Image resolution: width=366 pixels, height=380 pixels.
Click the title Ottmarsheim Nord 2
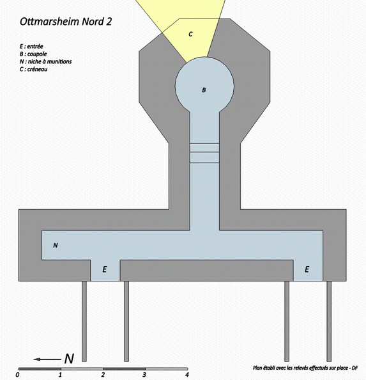tap(66, 22)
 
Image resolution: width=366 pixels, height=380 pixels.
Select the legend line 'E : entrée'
tap(31, 46)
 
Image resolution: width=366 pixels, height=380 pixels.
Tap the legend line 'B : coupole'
tap(33, 54)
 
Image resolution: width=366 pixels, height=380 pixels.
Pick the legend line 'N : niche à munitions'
tap(45, 61)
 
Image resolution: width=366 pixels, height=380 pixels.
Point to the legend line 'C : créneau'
tap(33, 69)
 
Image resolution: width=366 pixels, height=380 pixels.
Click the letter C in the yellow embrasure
tap(190, 34)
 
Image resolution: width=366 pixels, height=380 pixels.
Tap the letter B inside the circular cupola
tap(204, 90)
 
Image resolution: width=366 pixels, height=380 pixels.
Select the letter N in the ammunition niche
tap(56, 246)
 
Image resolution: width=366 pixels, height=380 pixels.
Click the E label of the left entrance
tap(105, 269)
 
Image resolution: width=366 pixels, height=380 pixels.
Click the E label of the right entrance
tap(307, 269)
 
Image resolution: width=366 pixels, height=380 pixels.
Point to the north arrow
tap(47, 359)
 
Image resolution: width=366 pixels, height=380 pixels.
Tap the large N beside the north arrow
tap(69, 359)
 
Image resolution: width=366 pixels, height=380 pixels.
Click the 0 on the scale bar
tap(17, 375)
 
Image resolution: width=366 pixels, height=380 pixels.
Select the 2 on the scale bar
tap(103, 375)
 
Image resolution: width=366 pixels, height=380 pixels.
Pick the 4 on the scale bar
tap(187, 375)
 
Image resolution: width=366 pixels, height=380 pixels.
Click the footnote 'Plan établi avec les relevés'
tap(305, 368)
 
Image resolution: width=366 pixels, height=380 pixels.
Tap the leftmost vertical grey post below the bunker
tap(84, 321)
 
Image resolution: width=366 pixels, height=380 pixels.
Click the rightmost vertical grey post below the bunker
tap(329, 321)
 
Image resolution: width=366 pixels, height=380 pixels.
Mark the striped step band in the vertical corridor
tap(204, 153)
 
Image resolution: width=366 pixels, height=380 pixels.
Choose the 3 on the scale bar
tap(144, 375)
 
